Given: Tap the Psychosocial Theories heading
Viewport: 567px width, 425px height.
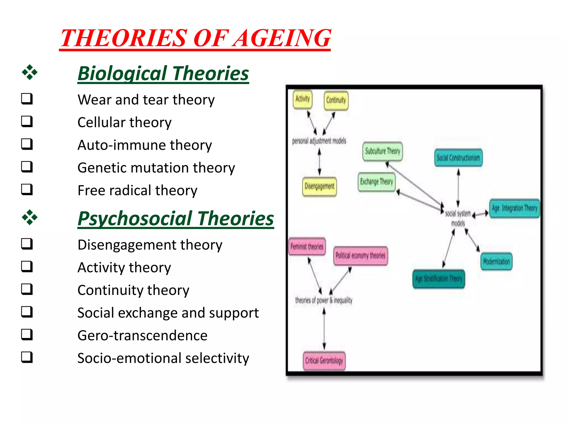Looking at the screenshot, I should [x=176, y=219].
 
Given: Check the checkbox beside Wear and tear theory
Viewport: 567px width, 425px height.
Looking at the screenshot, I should [x=27, y=99].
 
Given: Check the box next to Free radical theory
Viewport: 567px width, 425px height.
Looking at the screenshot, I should [x=27, y=190].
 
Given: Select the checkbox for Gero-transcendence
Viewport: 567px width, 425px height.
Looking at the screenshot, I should [x=27, y=335].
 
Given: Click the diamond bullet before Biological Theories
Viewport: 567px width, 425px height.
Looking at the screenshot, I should [x=30, y=73].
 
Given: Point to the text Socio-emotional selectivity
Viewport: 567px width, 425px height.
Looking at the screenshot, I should [x=163, y=358].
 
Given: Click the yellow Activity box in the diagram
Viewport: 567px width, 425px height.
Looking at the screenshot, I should [x=302, y=99].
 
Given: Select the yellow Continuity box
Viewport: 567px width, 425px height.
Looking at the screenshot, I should [x=336, y=100].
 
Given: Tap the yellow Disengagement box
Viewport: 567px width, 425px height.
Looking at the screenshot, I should [x=319, y=186].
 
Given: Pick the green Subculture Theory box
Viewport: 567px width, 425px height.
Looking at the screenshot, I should [x=382, y=151].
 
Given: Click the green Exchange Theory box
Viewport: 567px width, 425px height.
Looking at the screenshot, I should [x=377, y=182].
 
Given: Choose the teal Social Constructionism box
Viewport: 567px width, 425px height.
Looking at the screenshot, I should [x=458, y=158].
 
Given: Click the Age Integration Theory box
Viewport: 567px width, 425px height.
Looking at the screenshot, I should [x=514, y=208].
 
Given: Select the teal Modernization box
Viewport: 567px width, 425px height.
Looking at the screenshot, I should [x=496, y=261].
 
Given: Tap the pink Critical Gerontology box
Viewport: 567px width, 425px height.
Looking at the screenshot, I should [x=324, y=361].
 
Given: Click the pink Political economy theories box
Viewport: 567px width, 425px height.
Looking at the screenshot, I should [x=360, y=256].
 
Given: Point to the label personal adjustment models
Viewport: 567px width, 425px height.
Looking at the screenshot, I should [x=319, y=141].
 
